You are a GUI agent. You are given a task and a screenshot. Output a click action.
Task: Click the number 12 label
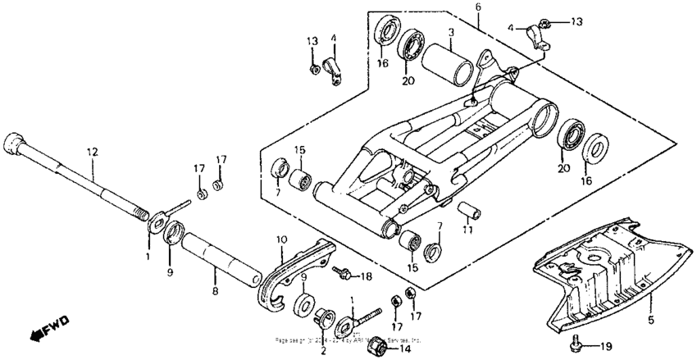(92, 152)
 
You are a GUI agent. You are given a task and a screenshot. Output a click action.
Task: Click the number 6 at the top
(477, 7)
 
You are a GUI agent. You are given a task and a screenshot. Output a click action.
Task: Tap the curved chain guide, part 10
(295, 271)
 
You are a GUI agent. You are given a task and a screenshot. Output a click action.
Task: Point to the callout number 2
(322, 350)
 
